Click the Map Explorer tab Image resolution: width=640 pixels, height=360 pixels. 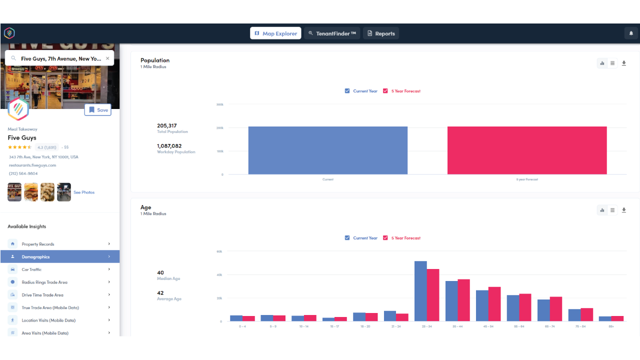coord(275,33)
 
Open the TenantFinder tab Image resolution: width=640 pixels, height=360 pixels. coord(332,33)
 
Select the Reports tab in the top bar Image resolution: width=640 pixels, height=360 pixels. coord(381,33)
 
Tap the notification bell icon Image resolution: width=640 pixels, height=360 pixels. coord(631,33)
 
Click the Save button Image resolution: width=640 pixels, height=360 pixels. coord(98,110)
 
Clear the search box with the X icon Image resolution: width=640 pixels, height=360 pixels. coord(107,58)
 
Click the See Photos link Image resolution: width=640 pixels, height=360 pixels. coord(84,192)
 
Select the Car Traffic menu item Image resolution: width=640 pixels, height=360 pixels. coord(31,269)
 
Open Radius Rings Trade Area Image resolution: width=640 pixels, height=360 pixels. coord(44,282)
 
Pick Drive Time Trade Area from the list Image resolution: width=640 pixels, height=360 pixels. coord(42,295)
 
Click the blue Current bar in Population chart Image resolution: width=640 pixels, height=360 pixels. coord(327,150)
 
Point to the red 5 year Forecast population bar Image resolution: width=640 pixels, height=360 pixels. coord(527,150)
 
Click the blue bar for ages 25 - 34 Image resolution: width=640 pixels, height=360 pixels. coord(420,291)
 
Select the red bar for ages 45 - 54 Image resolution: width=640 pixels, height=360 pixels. coord(494,304)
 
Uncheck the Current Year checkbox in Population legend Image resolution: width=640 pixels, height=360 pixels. coord(347,91)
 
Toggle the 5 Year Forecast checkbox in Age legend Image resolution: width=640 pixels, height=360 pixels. coord(385,238)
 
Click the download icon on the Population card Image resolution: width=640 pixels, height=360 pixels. coord(624,63)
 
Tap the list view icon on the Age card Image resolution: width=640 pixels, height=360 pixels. coord(612,210)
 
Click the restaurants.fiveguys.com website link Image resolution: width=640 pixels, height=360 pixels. coord(32,165)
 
